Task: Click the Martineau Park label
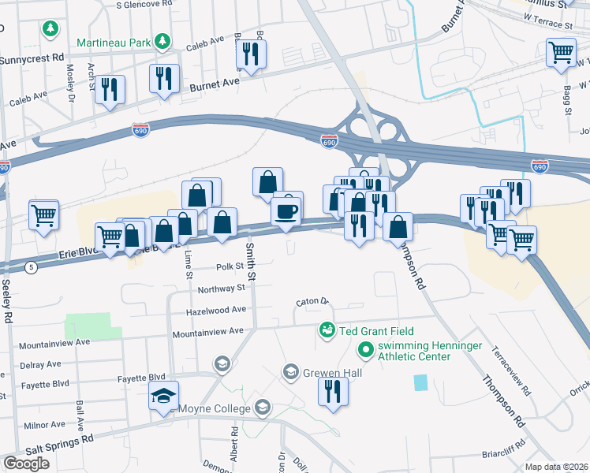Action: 114,41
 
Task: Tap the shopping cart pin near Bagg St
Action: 560,53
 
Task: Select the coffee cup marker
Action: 286,211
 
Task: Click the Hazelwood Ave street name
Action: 215,311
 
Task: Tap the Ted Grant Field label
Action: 377,331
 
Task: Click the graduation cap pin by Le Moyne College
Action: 163,397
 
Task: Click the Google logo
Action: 26,463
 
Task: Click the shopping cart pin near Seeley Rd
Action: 43,215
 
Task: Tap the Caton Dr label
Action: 312,301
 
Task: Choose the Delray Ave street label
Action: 40,364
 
